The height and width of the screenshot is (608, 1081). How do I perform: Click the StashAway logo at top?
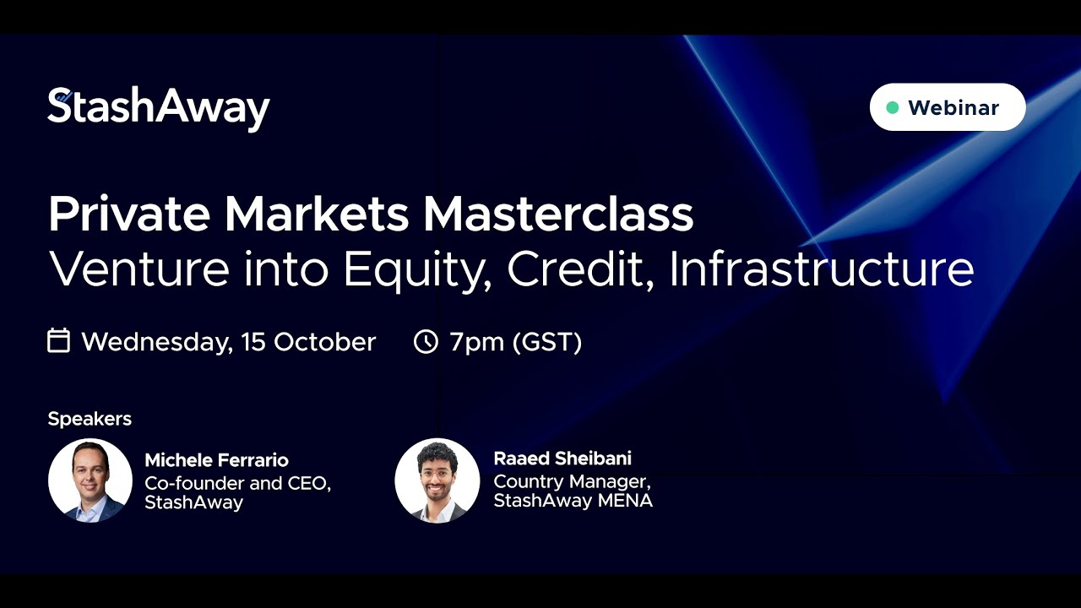158,108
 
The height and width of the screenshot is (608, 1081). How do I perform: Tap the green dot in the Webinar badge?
893,107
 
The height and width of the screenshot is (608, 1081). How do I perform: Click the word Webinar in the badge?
953,107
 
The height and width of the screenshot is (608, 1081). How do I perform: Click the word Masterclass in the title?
558,214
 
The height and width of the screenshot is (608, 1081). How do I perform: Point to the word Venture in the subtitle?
139,269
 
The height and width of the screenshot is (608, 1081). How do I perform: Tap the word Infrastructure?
822,269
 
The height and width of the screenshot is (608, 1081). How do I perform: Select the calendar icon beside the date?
59,340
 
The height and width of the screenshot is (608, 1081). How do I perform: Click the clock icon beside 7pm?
426,342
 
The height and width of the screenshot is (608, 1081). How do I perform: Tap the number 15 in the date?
253,342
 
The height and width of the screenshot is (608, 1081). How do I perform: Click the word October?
325,342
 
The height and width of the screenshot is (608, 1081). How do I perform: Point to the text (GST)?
547,342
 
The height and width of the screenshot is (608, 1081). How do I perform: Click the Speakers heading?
90,419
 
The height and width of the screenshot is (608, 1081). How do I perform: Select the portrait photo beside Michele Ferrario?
90,480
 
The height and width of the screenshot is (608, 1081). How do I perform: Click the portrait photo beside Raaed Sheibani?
437,480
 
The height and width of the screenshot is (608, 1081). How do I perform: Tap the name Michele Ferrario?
217,460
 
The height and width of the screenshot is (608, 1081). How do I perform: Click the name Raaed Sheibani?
562,458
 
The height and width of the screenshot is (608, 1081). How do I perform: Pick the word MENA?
626,501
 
